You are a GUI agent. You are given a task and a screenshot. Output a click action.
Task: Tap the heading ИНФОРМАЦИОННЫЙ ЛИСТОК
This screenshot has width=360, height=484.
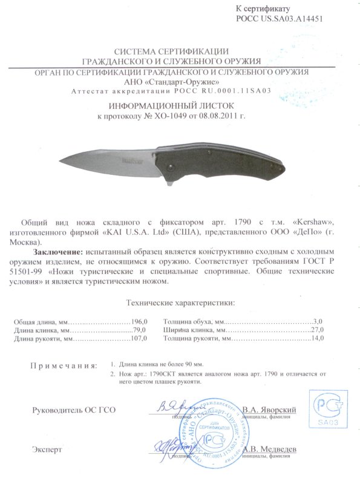tap(180, 105)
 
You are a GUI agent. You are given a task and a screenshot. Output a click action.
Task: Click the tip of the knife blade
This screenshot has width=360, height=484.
tap(63, 160)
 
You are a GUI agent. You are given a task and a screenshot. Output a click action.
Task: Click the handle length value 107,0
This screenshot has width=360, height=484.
tap(139, 339)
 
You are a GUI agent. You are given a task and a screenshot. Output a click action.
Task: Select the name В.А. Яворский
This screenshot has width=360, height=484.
tap(269, 410)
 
